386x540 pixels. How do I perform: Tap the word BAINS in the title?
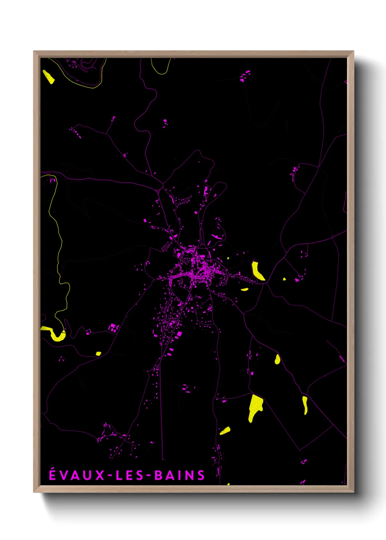pyautogui.click(x=180, y=475)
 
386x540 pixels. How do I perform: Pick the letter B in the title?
pyautogui.click(x=158, y=475)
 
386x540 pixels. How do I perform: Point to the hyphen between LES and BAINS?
pyautogui.click(x=148, y=475)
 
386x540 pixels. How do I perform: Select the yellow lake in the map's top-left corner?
pyautogui.click(x=48, y=77)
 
